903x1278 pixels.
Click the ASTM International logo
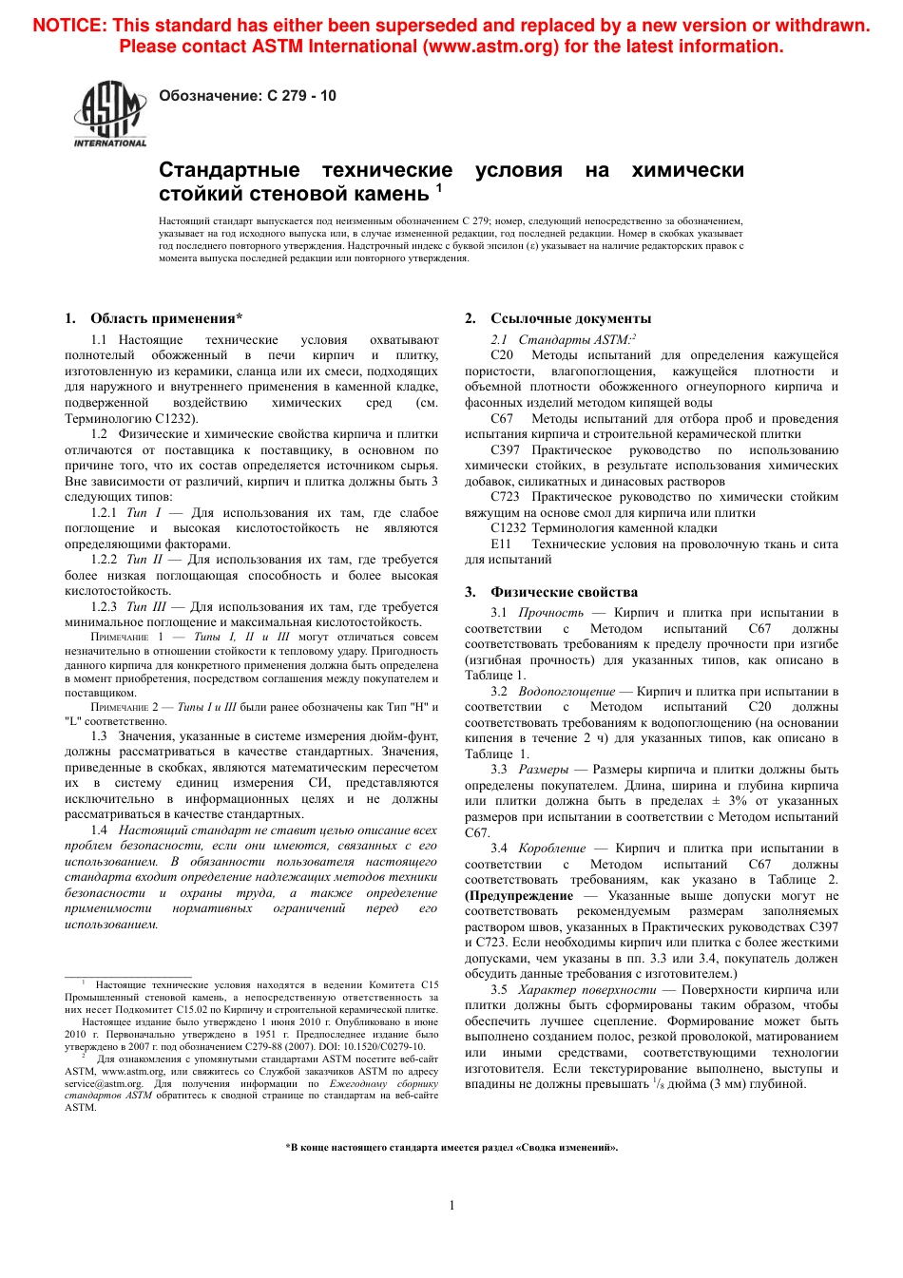click(110, 114)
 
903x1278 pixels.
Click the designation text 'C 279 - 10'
click(301, 96)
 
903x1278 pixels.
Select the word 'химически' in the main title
click(687, 171)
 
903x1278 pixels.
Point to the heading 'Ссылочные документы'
click(570, 318)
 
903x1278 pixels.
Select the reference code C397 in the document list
click(505, 450)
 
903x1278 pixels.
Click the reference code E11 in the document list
click(501, 544)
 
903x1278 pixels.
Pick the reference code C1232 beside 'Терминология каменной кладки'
click(509, 528)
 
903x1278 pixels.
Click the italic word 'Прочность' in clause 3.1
click(550, 613)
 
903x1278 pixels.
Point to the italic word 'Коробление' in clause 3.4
click(551, 849)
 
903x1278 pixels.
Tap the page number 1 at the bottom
click(451, 1205)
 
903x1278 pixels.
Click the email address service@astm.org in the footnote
click(104, 1083)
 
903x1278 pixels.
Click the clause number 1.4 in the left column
click(100, 830)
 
